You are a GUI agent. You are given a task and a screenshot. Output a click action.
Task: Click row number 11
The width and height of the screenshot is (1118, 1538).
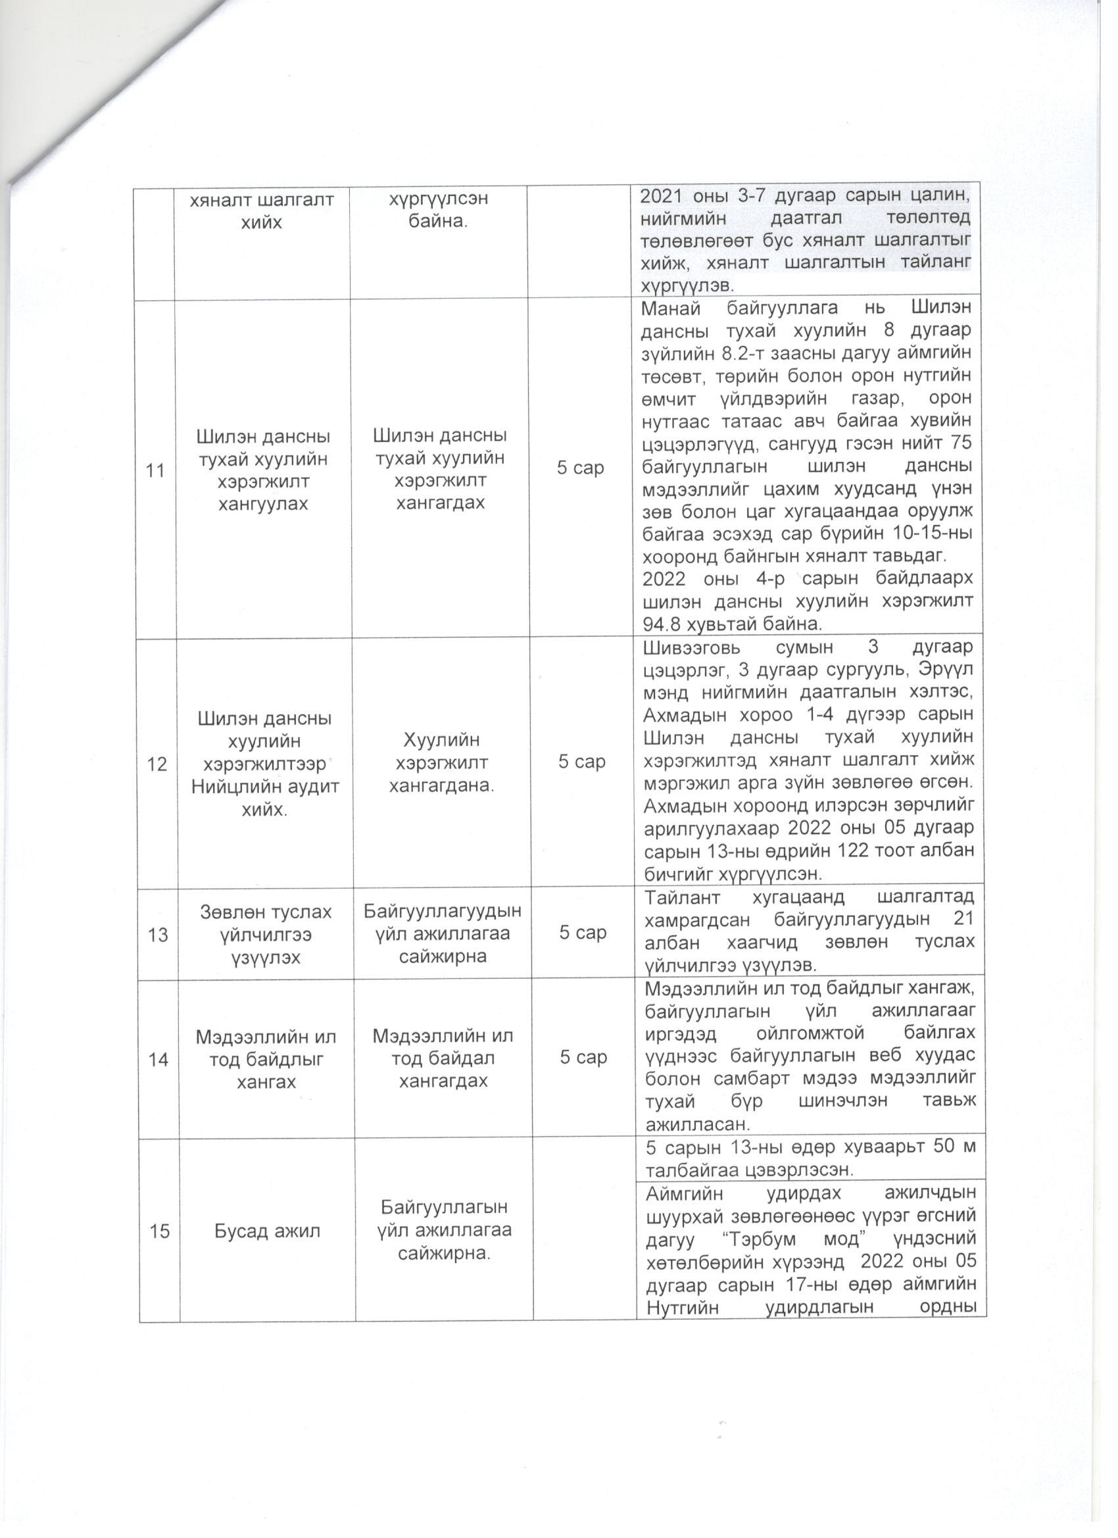click(156, 470)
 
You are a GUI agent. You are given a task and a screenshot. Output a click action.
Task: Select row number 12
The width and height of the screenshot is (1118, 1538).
click(157, 764)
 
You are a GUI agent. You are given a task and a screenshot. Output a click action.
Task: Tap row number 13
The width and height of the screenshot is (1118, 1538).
click(158, 935)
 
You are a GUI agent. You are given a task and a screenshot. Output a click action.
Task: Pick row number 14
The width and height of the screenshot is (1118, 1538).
click(158, 1059)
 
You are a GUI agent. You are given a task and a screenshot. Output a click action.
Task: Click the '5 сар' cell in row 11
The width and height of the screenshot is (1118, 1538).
click(580, 468)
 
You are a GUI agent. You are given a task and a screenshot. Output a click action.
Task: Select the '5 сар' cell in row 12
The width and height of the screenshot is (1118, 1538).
click(582, 762)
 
